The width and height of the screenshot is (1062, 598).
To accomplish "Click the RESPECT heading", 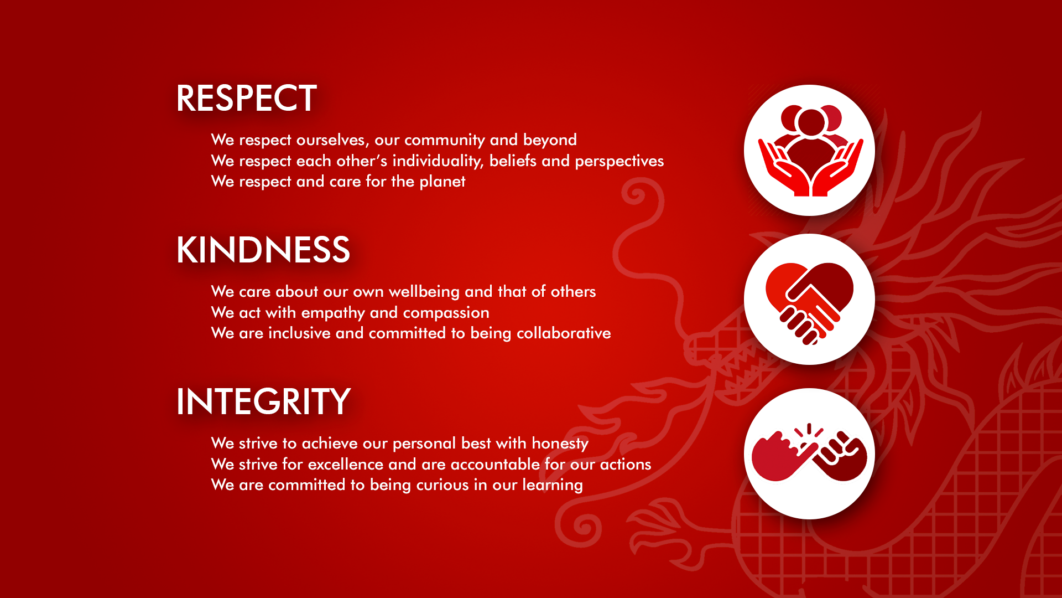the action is tap(246, 99).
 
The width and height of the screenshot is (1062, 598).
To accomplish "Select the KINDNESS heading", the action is tap(263, 250).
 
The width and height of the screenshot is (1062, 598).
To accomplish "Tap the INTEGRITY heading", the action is tap(263, 401).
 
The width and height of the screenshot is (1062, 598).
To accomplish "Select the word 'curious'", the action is tap(442, 485).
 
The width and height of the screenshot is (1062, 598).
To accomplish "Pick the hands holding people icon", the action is tap(810, 151).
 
